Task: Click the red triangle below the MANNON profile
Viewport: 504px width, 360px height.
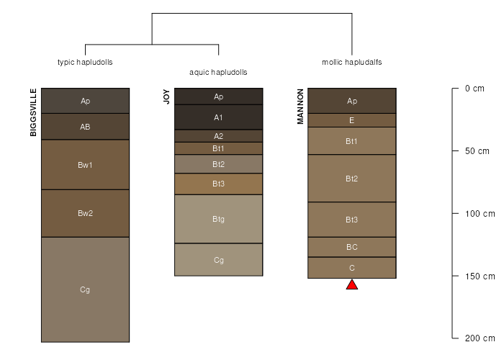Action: (352, 284)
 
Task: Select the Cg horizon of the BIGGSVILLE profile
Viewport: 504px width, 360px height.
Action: (85, 289)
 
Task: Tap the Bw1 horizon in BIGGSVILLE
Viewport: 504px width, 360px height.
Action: (85, 165)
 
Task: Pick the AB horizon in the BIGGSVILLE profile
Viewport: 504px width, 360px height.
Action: (85, 127)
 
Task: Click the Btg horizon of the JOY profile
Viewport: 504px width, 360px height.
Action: (219, 219)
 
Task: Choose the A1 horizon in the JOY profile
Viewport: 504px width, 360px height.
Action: (219, 117)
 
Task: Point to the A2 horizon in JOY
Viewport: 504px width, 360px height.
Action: (219, 135)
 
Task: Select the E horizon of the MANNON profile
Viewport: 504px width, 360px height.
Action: (352, 120)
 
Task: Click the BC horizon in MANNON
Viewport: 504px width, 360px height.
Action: (352, 247)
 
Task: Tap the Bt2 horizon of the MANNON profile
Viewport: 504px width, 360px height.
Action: (352, 178)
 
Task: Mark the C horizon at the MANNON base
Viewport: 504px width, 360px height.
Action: (352, 268)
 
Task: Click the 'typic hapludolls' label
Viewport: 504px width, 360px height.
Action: (85, 62)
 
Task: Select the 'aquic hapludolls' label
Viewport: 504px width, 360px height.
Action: (218, 72)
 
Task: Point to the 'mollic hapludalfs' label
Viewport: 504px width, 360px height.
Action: (352, 62)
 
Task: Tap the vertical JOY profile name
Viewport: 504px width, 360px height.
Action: (166, 97)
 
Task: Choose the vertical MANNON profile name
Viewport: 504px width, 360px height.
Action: (300, 107)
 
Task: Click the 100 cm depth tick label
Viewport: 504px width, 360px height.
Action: (480, 214)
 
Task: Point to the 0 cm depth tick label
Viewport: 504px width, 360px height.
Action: (475, 89)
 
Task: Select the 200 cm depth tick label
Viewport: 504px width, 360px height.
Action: (480, 338)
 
